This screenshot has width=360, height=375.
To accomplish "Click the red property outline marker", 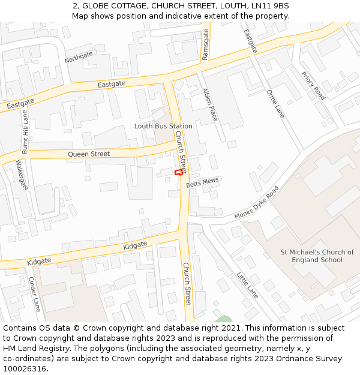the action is click(178, 172).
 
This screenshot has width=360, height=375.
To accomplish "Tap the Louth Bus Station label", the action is click(163, 126).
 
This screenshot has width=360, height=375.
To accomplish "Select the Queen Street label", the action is click(89, 154).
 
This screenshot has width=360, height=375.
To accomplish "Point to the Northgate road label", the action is click(79, 57).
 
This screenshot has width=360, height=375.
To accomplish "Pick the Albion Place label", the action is click(209, 104).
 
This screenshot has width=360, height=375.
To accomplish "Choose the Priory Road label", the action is click(313, 86).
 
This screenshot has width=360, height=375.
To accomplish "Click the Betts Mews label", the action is click(202, 182).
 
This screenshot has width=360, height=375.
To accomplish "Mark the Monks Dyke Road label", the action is click(257, 203).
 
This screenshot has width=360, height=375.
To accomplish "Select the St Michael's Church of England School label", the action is click(317, 256).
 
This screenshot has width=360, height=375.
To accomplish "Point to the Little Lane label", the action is click(247, 285).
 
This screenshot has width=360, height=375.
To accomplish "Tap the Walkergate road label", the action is click(22, 175).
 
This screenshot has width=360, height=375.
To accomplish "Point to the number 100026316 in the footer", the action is click(26, 369).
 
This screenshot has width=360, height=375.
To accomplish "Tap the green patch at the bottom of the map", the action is click(223, 319).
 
